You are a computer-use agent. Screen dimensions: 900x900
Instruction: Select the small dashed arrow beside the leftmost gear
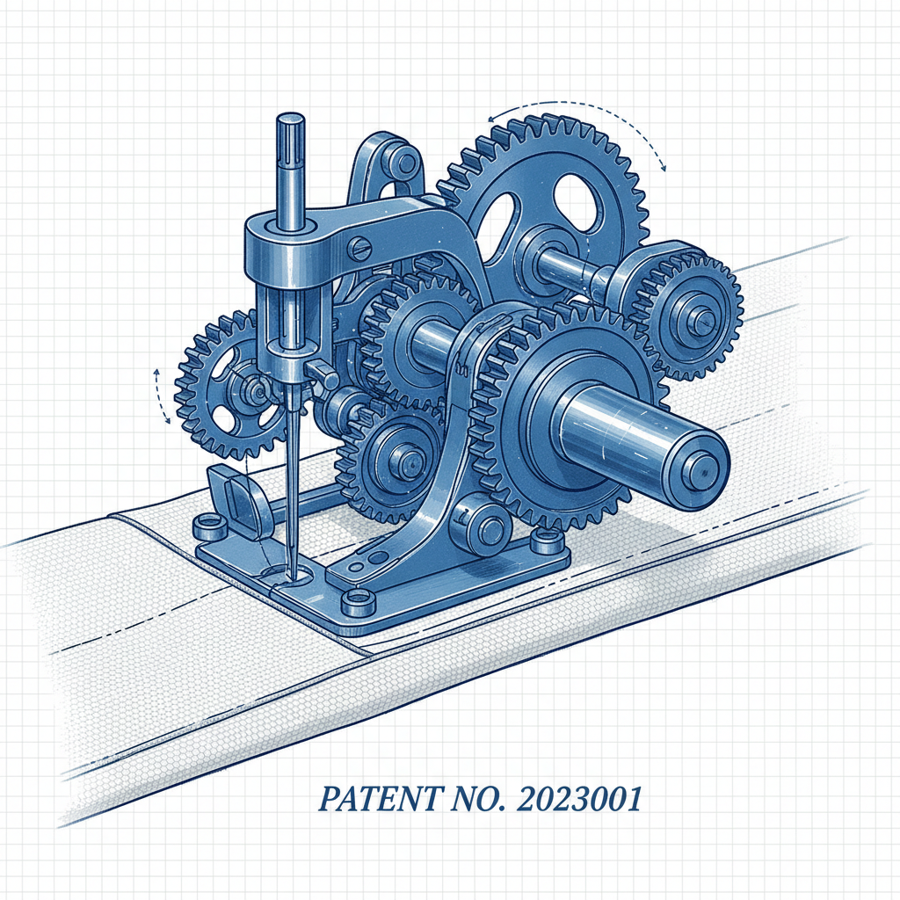(158, 396)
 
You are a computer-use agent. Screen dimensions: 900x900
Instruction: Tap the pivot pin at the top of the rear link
(403, 163)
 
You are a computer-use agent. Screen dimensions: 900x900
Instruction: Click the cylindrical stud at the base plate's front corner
(356, 601)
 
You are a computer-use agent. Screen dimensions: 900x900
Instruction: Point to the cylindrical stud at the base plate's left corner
(208, 527)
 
